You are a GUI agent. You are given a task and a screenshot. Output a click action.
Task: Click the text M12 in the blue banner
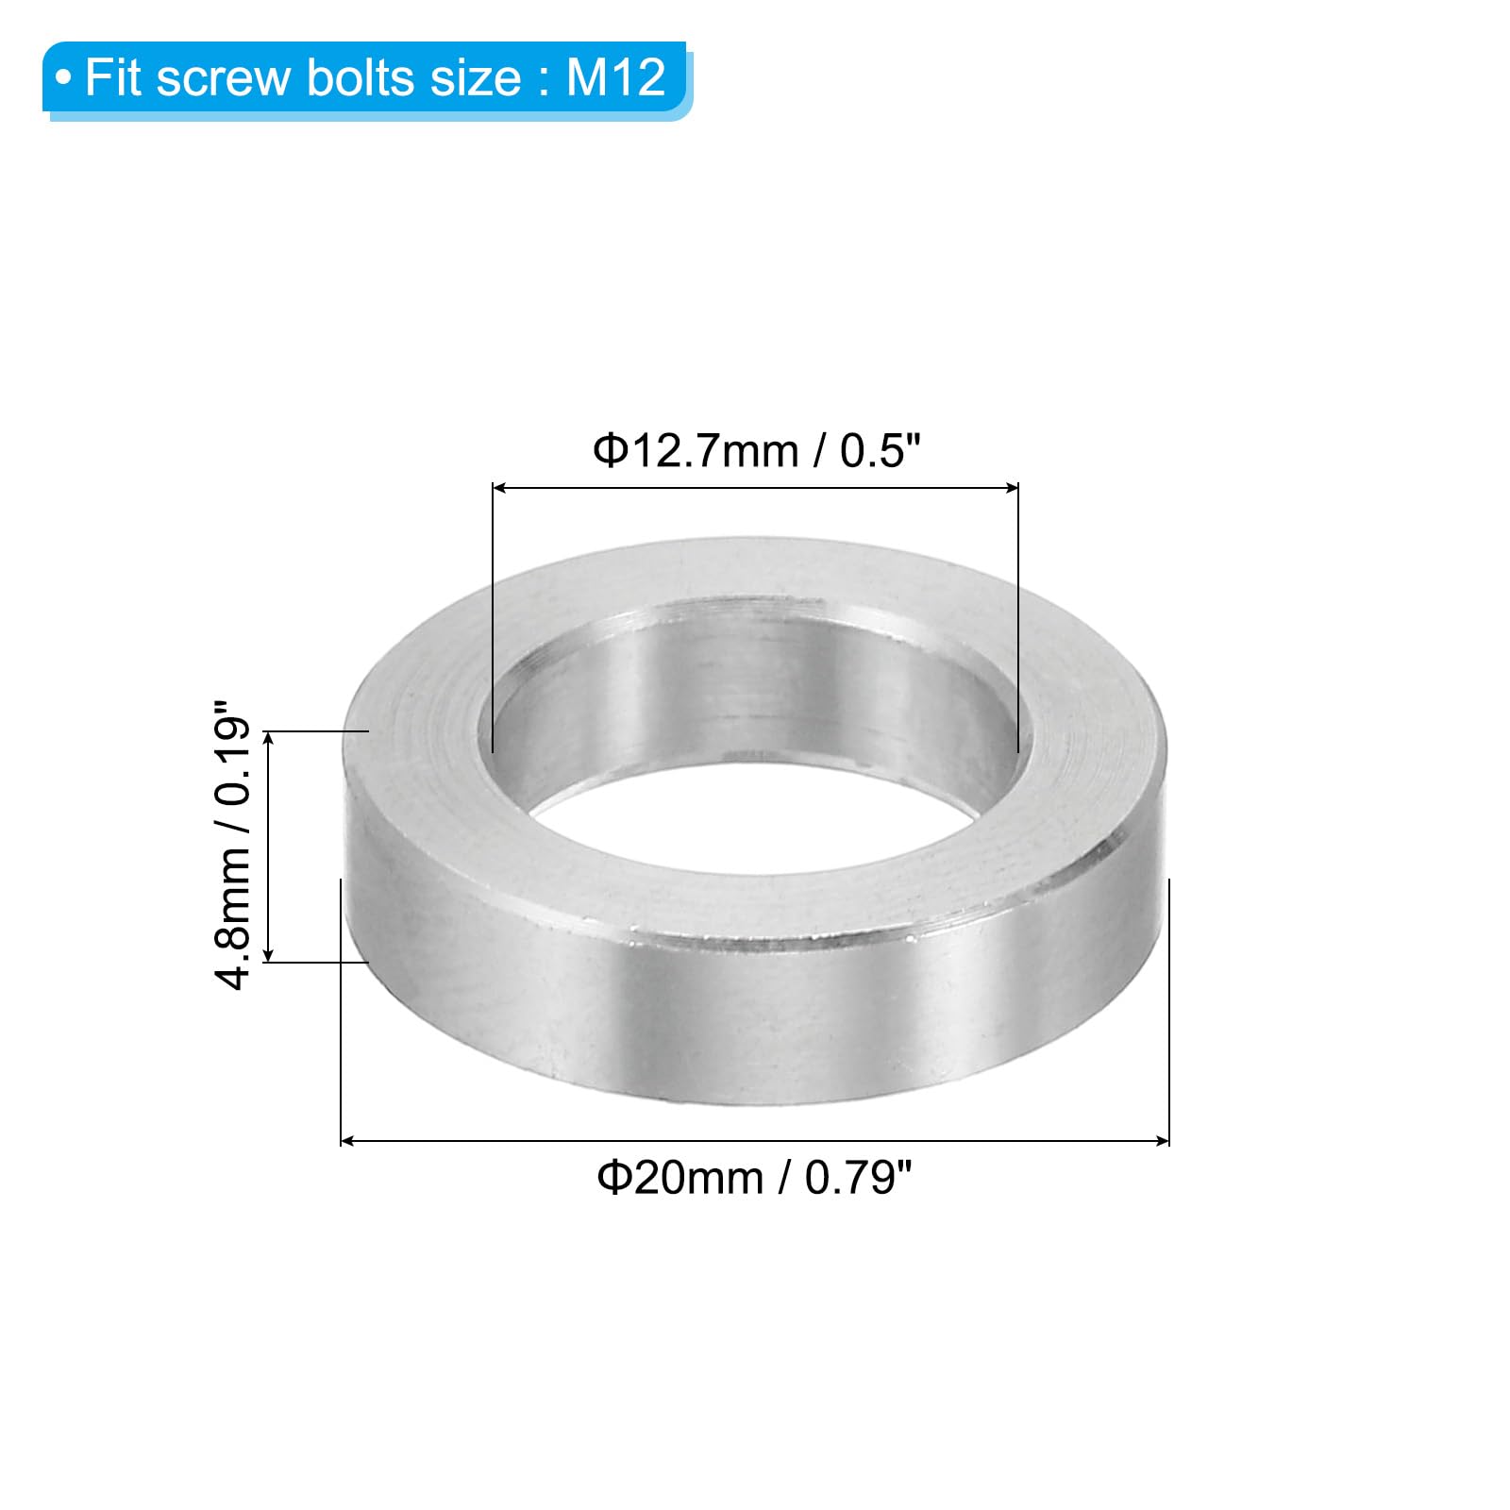(x=616, y=76)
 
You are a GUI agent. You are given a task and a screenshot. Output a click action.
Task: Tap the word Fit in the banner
(x=113, y=76)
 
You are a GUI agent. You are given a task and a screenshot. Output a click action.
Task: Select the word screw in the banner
(x=224, y=79)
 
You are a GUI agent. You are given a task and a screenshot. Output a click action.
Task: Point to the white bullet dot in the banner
(x=63, y=77)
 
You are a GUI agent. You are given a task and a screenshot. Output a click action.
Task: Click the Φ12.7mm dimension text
(x=696, y=451)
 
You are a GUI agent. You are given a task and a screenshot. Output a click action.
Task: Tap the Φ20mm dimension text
(x=680, y=1179)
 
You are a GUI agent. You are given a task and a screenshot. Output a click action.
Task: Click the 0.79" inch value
(x=859, y=1178)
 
